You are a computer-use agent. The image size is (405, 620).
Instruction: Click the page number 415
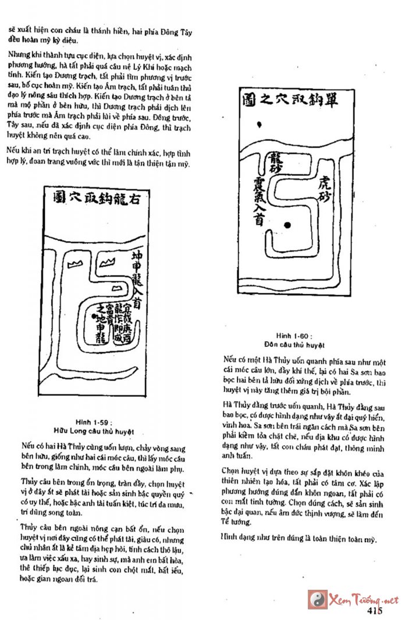(x=375, y=610)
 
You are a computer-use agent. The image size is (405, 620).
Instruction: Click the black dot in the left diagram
(x=94, y=316)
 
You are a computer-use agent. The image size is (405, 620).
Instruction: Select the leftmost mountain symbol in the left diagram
(x=74, y=264)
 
